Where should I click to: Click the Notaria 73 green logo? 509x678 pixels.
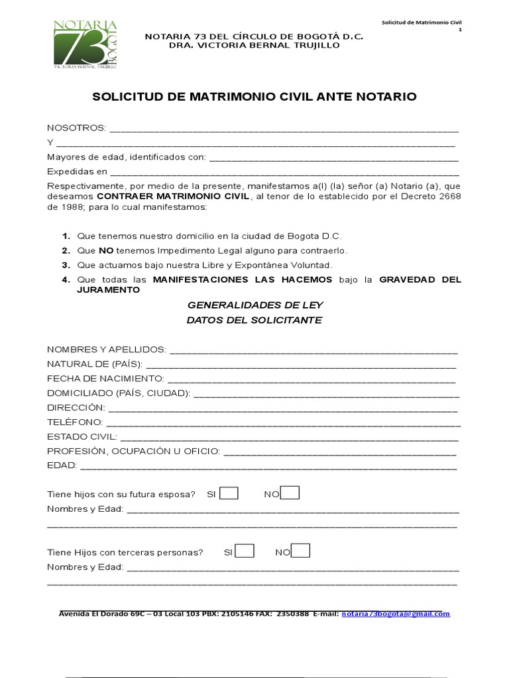(85, 45)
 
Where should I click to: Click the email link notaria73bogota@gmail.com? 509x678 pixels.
(396, 614)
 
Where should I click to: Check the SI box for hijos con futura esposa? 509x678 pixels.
(229, 493)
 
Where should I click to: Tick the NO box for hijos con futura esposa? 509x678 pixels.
(290, 493)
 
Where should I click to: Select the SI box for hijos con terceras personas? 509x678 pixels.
(245, 551)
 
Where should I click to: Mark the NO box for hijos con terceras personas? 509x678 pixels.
(300, 551)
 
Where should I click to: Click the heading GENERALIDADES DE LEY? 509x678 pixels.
(254, 305)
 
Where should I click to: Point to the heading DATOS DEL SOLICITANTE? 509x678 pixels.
(254, 320)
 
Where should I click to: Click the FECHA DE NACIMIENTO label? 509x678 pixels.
(105, 378)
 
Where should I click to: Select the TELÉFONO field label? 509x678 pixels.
(74, 422)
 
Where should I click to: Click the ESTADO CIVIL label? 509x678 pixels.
(82, 437)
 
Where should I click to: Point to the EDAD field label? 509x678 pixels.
(62, 466)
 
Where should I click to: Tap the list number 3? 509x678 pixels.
(66, 265)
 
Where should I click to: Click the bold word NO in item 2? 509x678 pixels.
(106, 250)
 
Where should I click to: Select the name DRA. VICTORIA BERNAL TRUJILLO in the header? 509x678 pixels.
(254, 45)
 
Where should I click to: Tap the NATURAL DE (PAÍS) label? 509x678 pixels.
(94, 363)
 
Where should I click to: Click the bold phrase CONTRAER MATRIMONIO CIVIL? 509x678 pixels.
(174, 197)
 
